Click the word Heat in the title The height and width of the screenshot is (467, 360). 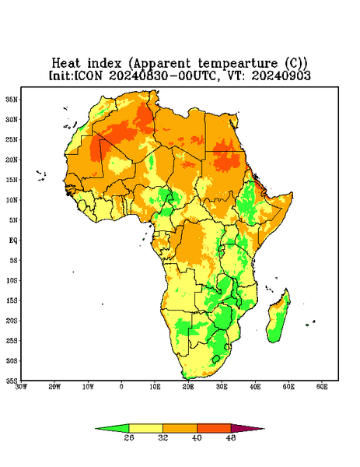pyautogui.click(x=66, y=63)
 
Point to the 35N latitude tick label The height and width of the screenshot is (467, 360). pyautogui.click(x=12, y=99)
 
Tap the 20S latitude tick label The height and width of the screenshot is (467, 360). pyautogui.click(x=12, y=321)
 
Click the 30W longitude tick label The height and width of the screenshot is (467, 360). pyautogui.click(x=21, y=387)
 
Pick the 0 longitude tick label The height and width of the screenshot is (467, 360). pyautogui.click(x=121, y=387)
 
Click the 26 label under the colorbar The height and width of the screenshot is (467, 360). pyautogui.click(x=129, y=437)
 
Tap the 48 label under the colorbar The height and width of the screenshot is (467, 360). pyautogui.click(x=231, y=437)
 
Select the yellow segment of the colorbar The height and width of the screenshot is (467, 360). pyautogui.click(x=145, y=428)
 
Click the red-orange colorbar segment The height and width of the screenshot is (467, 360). pyautogui.click(x=214, y=428)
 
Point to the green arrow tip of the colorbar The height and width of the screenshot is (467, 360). pyautogui.click(x=96, y=429)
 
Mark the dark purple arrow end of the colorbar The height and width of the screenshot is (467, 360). pyautogui.click(x=264, y=429)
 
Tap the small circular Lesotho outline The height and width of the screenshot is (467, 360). pyautogui.click(x=216, y=359)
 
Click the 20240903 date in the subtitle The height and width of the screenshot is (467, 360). pyautogui.click(x=281, y=75)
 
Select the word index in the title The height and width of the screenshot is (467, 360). pyautogui.click(x=104, y=63)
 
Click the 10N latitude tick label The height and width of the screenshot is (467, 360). pyautogui.click(x=12, y=200)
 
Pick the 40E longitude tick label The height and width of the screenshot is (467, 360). pyautogui.click(x=255, y=387)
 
